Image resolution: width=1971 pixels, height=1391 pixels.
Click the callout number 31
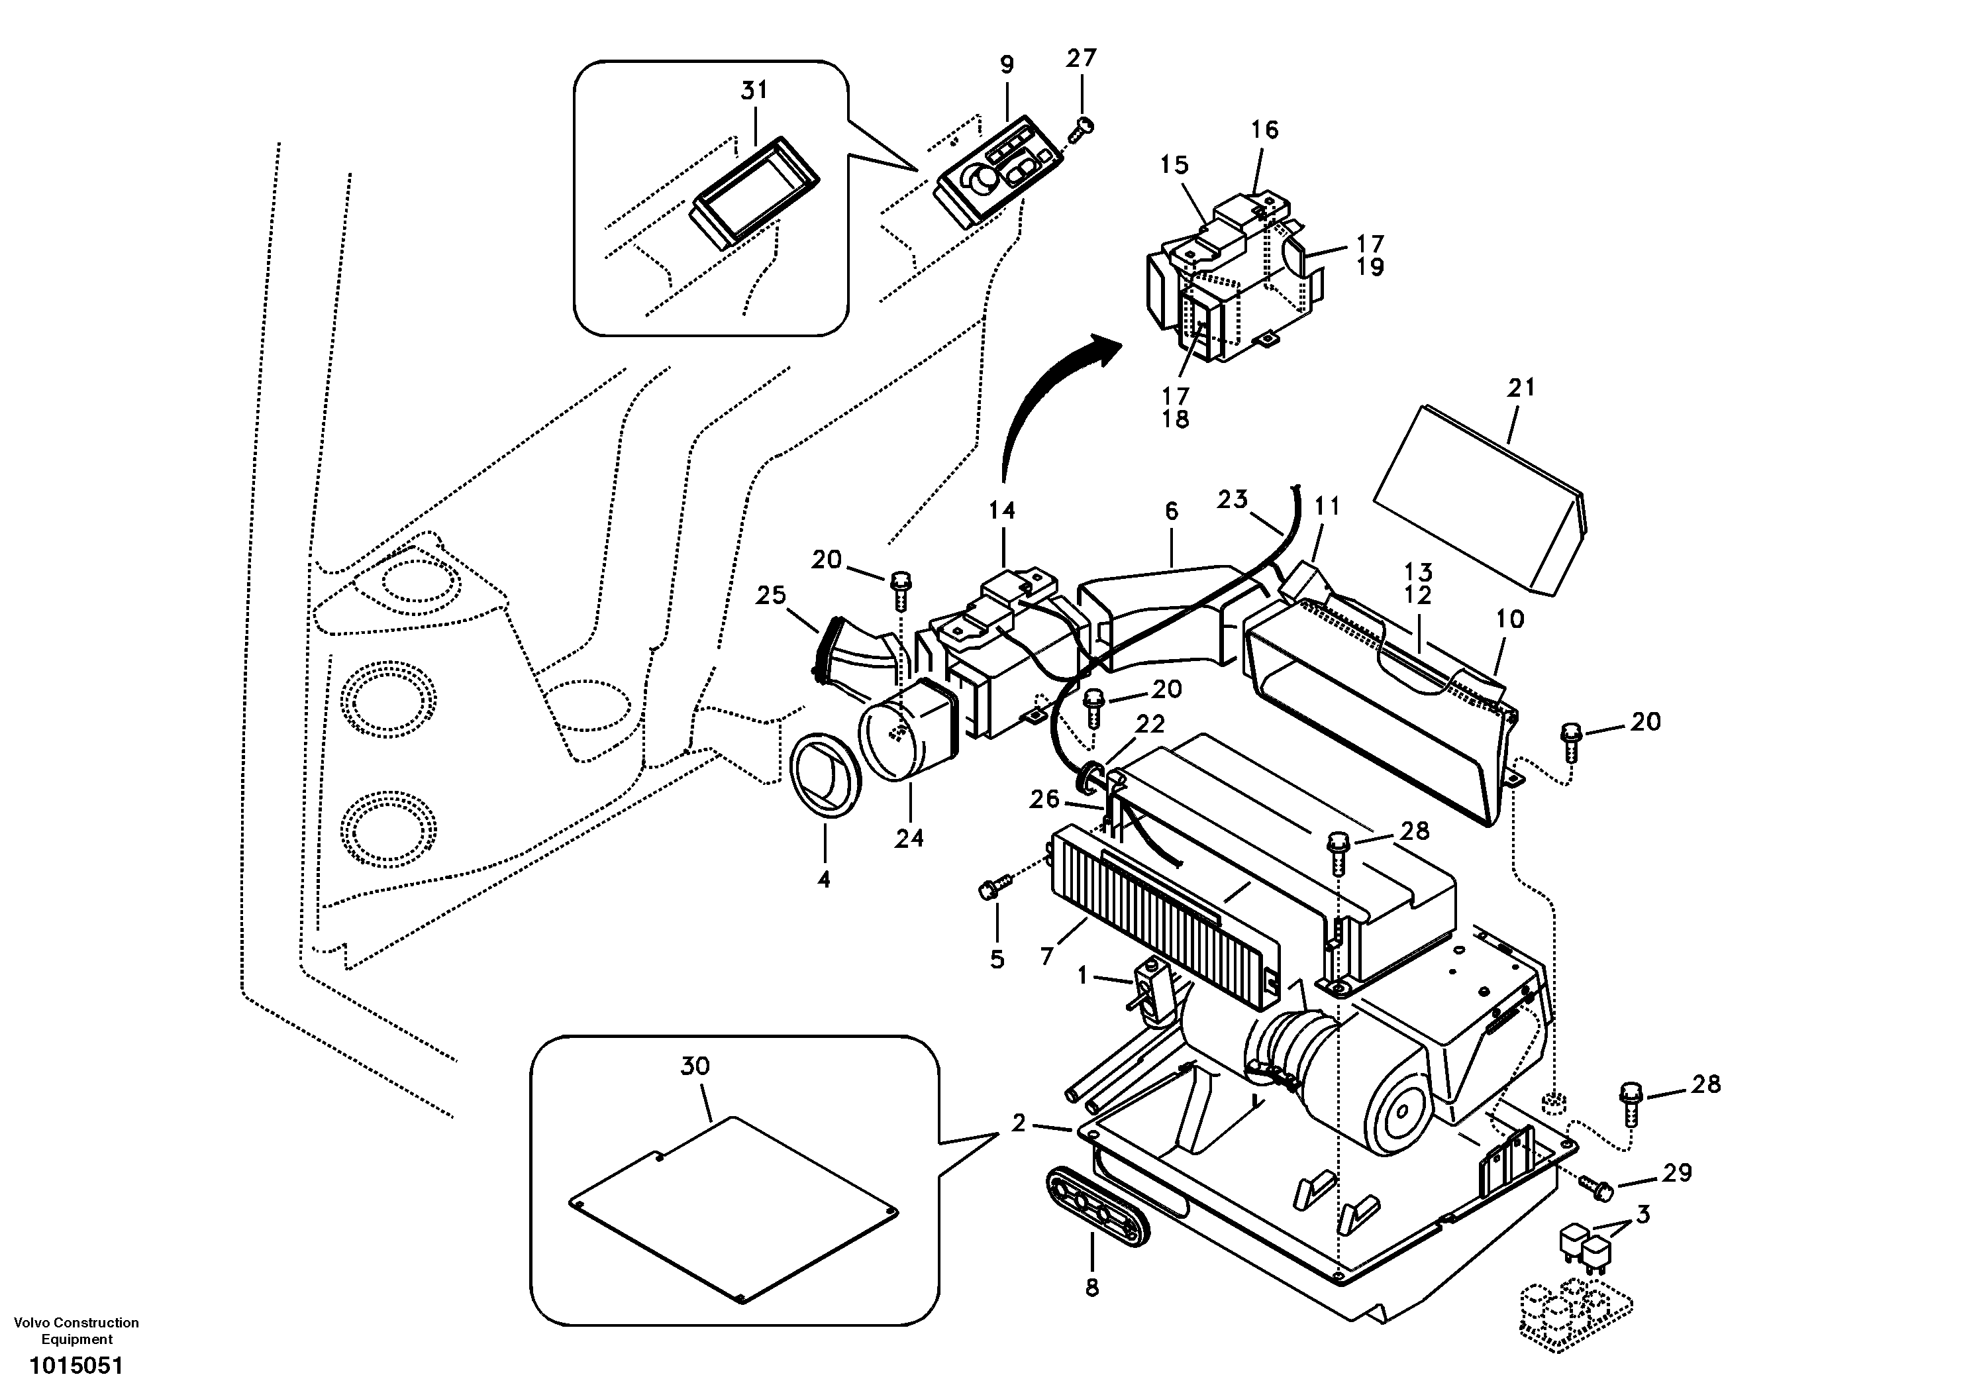754,90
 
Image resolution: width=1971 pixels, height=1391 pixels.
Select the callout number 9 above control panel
1007,64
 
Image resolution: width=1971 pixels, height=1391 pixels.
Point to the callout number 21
1521,388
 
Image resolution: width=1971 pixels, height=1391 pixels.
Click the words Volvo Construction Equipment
76,1331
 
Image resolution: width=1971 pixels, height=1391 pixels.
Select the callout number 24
909,838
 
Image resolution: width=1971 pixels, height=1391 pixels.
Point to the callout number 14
1002,511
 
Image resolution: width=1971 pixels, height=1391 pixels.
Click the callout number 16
1264,130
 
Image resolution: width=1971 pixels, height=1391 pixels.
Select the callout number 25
771,595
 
